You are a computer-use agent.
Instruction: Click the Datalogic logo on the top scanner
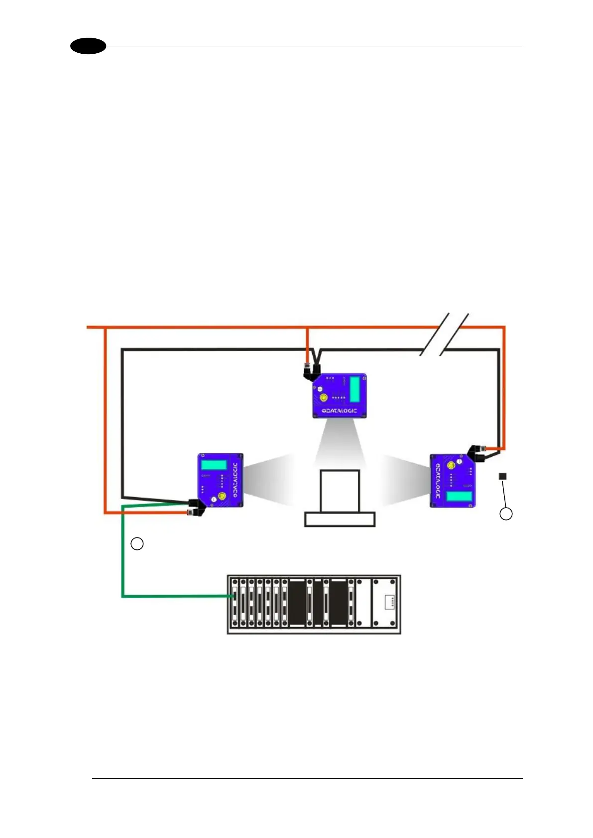point(339,411)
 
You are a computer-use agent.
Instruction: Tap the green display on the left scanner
point(214,465)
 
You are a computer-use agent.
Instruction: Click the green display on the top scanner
point(355,389)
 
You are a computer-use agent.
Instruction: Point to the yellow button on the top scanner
point(324,398)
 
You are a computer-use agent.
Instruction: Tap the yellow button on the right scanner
point(451,465)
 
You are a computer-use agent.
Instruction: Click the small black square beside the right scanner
point(503,477)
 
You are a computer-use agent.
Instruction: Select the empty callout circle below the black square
point(506,514)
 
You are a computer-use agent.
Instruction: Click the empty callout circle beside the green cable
point(137,543)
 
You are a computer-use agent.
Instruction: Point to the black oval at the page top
point(88,46)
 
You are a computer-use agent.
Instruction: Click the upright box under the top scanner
point(340,491)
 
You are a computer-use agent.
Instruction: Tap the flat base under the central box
point(340,520)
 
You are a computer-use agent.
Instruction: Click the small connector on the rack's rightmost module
point(390,602)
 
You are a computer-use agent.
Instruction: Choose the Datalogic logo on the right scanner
point(437,481)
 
